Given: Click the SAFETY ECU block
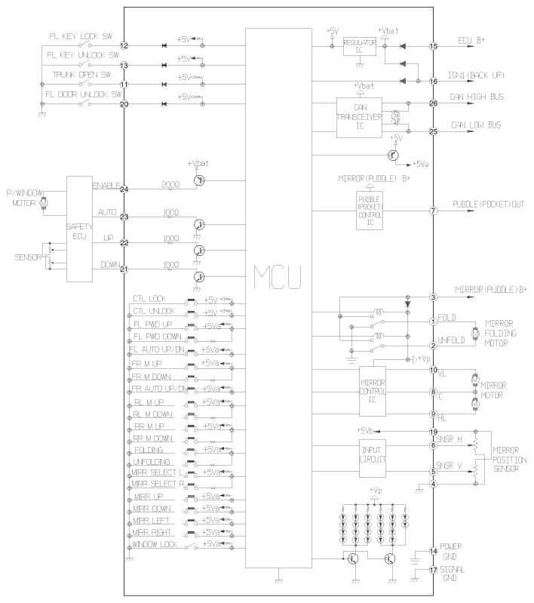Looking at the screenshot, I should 79,229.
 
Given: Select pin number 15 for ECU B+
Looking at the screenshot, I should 433,46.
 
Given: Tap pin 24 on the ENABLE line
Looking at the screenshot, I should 124,189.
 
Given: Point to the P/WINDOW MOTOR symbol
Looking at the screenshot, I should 43,203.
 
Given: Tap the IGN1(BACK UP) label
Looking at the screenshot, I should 480,77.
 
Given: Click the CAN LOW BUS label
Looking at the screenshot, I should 478,125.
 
